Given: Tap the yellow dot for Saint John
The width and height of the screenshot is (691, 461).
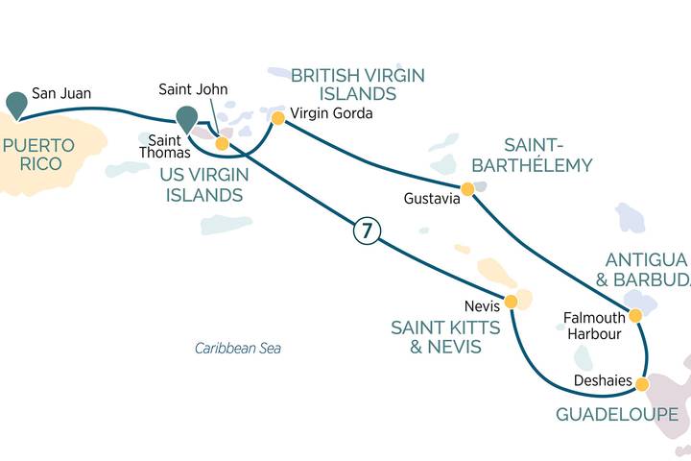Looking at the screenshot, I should tap(222, 144).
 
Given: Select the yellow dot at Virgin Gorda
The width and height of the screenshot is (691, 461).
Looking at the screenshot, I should tap(277, 118).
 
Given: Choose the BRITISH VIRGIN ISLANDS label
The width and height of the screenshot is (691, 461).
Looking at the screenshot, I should tap(358, 85).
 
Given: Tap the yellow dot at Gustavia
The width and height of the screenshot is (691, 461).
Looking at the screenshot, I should tap(467, 189).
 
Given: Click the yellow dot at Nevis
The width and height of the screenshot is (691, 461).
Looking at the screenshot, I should tap(512, 302).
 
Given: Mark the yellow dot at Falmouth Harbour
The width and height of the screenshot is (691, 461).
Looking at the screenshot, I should tap(635, 315).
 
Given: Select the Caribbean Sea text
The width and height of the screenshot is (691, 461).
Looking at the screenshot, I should tap(237, 349).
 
